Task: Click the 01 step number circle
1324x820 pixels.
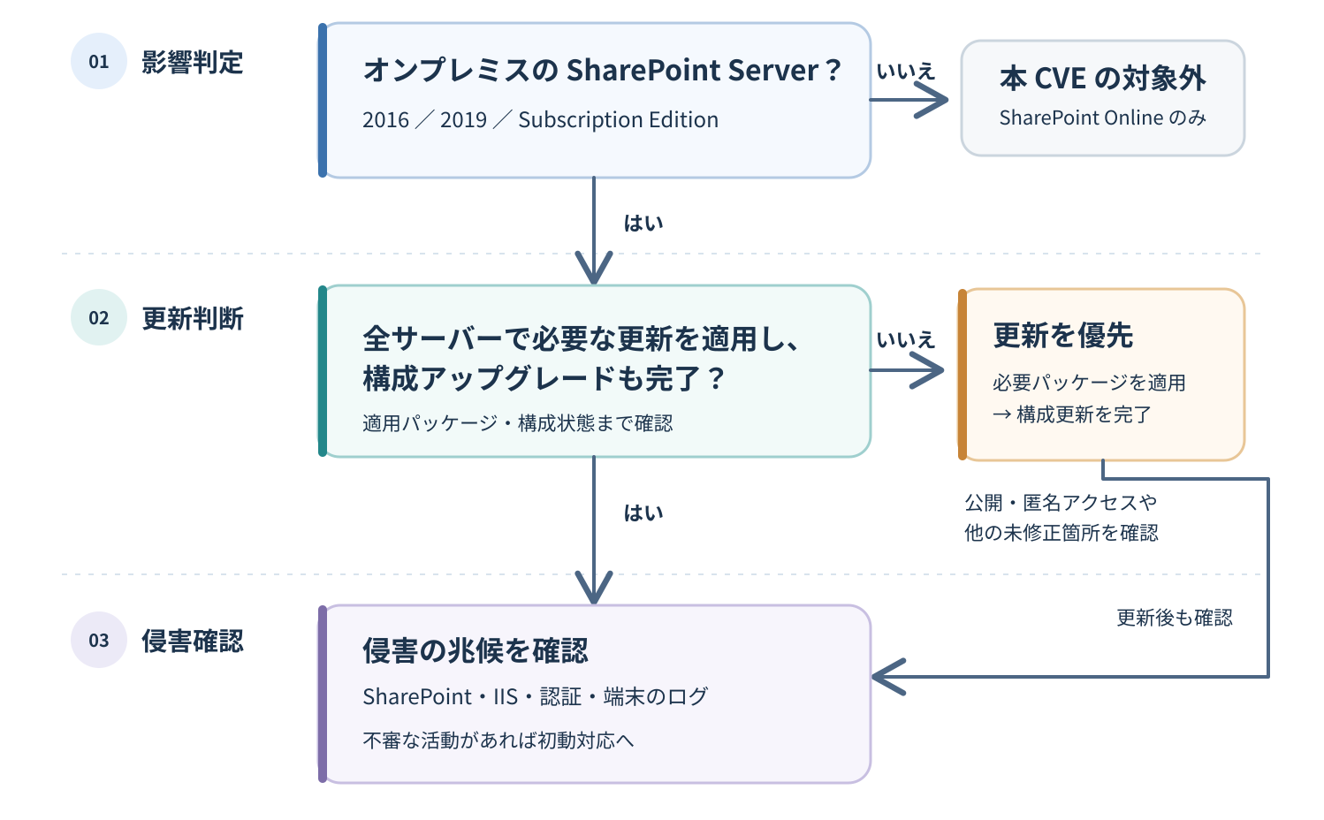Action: click(x=99, y=61)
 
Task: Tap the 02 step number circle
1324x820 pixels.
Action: click(x=99, y=317)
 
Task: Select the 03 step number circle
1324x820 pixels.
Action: click(x=99, y=640)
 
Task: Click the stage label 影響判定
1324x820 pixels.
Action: click(x=192, y=62)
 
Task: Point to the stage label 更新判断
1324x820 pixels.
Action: click(x=192, y=318)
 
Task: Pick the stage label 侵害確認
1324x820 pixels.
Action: click(x=192, y=641)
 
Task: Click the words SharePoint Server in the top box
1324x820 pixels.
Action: click(x=692, y=71)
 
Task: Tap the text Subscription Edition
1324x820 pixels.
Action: click(x=619, y=120)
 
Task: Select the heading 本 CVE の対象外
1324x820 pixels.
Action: click(x=1102, y=78)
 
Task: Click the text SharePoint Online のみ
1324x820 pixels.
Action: click(x=1102, y=118)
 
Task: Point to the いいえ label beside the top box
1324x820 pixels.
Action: click(x=906, y=72)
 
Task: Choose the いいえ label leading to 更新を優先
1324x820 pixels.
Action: click(x=906, y=339)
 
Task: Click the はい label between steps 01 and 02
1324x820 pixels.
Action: click(x=643, y=224)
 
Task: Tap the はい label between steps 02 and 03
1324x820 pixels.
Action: click(x=643, y=512)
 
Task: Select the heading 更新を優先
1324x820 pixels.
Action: click(x=1063, y=336)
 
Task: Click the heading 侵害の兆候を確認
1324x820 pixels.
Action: click(x=476, y=650)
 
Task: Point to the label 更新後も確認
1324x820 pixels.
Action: click(x=1175, y=618)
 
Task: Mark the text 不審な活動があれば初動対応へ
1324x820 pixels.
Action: click(x=498, y=740)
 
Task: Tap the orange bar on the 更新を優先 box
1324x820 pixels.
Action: click(x=963, y=375)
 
